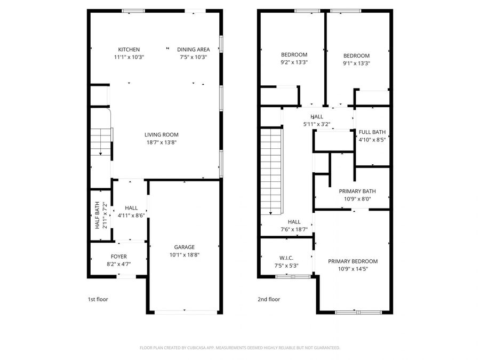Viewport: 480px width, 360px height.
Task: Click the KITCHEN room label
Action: point(129,50)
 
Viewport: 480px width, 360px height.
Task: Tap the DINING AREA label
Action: point(193,50)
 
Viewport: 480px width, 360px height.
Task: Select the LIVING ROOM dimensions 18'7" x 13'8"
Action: point(161,142)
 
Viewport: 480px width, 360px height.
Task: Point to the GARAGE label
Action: point(184,247)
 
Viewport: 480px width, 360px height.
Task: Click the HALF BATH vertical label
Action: point(97,215)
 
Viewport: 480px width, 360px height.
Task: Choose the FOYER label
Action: point(118,257)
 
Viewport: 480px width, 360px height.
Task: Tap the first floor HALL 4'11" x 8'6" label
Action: point(131,208)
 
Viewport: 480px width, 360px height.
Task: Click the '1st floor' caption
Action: point(98,299)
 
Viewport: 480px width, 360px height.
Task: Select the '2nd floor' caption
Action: point(269,299)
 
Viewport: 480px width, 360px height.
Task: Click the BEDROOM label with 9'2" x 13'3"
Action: point(294,55)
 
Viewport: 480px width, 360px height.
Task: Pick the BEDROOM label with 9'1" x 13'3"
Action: point(356,56)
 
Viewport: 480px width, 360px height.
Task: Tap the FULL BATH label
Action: point(372,132)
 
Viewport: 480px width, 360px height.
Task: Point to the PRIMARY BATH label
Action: point(357,191)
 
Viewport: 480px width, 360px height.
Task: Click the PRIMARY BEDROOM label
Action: point(353,261)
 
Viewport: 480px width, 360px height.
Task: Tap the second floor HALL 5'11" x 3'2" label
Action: point(317,116)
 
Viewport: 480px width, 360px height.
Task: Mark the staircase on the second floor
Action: point(271,171)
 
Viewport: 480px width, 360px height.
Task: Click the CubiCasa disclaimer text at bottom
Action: point(239,348)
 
